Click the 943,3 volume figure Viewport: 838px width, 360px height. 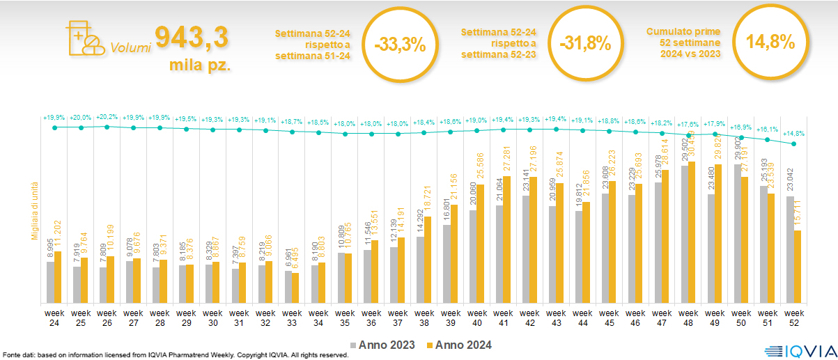point(192,38)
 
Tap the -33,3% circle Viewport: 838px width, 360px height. point(399,45)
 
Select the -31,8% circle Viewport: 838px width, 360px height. point(584,43)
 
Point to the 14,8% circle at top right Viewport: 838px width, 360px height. point(770,42)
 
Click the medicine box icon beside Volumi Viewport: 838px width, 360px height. point(83,38)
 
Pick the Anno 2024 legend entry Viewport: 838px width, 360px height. point(459,345)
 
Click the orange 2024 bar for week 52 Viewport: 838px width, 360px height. point(797,267)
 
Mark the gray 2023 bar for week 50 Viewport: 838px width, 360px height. point(738,233)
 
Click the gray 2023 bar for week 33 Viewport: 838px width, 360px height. point(288,287)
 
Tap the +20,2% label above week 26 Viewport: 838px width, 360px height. point(107,118)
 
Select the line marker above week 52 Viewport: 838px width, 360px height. point(793,144)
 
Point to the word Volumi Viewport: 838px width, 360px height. point(130,49)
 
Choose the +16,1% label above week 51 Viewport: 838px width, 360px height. point(768,130)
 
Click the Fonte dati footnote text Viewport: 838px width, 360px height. point(174,355)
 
